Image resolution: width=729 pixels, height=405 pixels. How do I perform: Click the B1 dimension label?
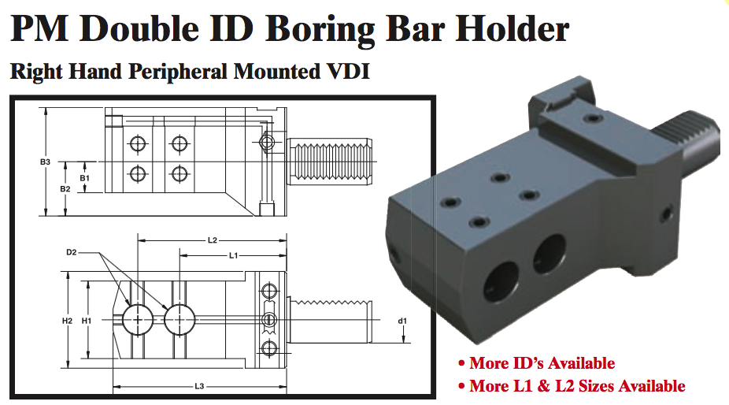85,179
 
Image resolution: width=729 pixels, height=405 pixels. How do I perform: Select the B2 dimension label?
65,189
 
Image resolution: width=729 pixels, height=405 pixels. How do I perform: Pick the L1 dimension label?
234,256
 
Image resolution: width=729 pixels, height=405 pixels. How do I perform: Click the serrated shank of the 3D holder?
692,142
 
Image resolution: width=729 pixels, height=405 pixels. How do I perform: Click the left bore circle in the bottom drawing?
139,319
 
